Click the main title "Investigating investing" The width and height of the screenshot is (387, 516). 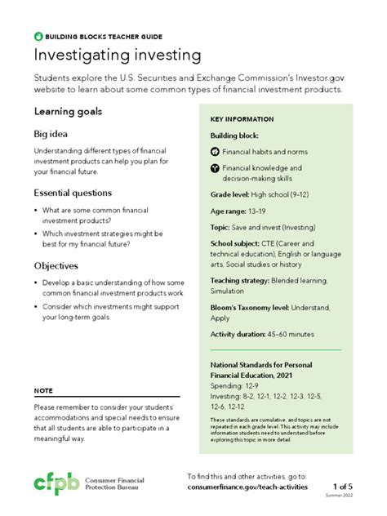click(x=117, y=56)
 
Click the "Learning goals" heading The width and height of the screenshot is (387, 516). click(x=68, y=111)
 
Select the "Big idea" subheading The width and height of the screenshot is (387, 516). click(x=51, y=133)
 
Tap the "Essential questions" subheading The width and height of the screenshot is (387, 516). click(x=73, y=193)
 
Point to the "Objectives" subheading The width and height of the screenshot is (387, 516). click(x=56, y=266)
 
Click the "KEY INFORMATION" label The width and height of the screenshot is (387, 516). click(x=242, y=119)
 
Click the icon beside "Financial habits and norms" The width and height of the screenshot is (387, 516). click(x=215, y=152)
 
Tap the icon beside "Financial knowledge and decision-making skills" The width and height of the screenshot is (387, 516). click(x=215, y=167)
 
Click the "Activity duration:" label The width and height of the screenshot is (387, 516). click(x=238, y=334)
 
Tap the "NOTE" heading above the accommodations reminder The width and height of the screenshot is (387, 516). click(x=43, y=390)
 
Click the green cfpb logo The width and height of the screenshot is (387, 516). click(x=56, y=483)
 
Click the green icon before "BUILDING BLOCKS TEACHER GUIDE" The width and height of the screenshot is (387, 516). click(x=38, y=37)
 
